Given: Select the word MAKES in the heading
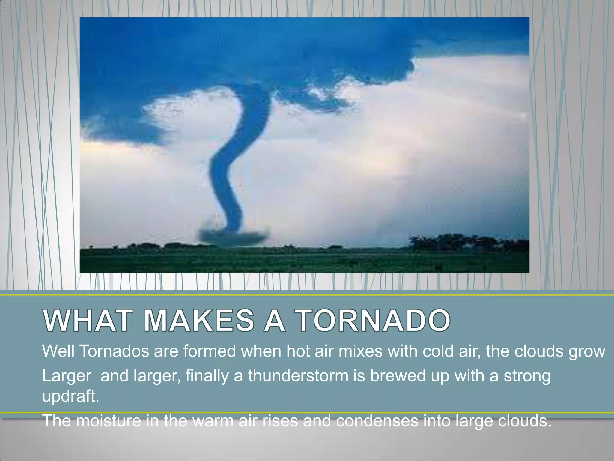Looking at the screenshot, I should click(x=199, y=321).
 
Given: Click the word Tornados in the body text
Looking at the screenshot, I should click(x=114, y=351).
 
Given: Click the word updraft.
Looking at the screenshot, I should click(x=70, y=396).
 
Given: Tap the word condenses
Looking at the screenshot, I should click(x=377, y=420).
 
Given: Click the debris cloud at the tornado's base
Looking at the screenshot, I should click(x=232, y=236).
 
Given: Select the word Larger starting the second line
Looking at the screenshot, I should click(x=67, y=376).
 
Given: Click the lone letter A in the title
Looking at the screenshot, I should click(x=274, y=321).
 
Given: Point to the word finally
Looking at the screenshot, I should click(x=207, y=375).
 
